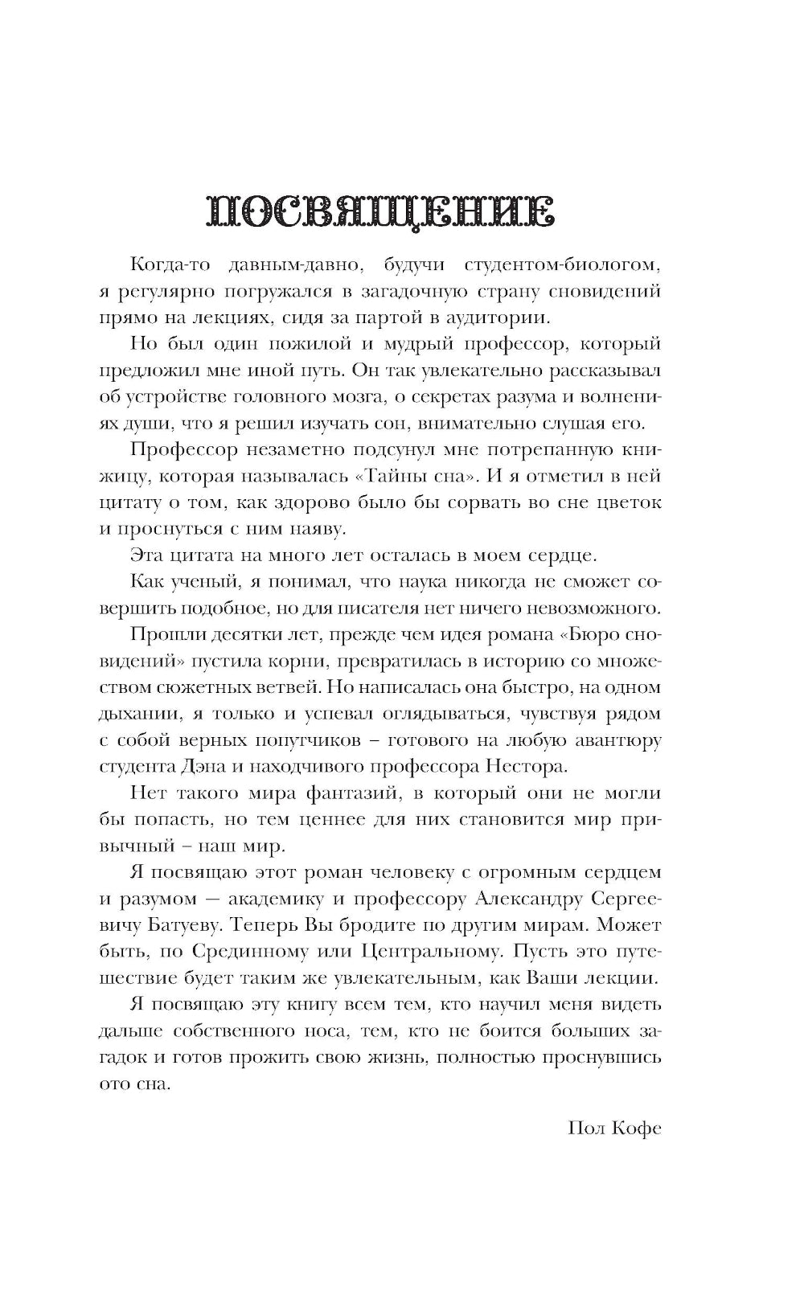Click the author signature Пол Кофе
pos(614,1127)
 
